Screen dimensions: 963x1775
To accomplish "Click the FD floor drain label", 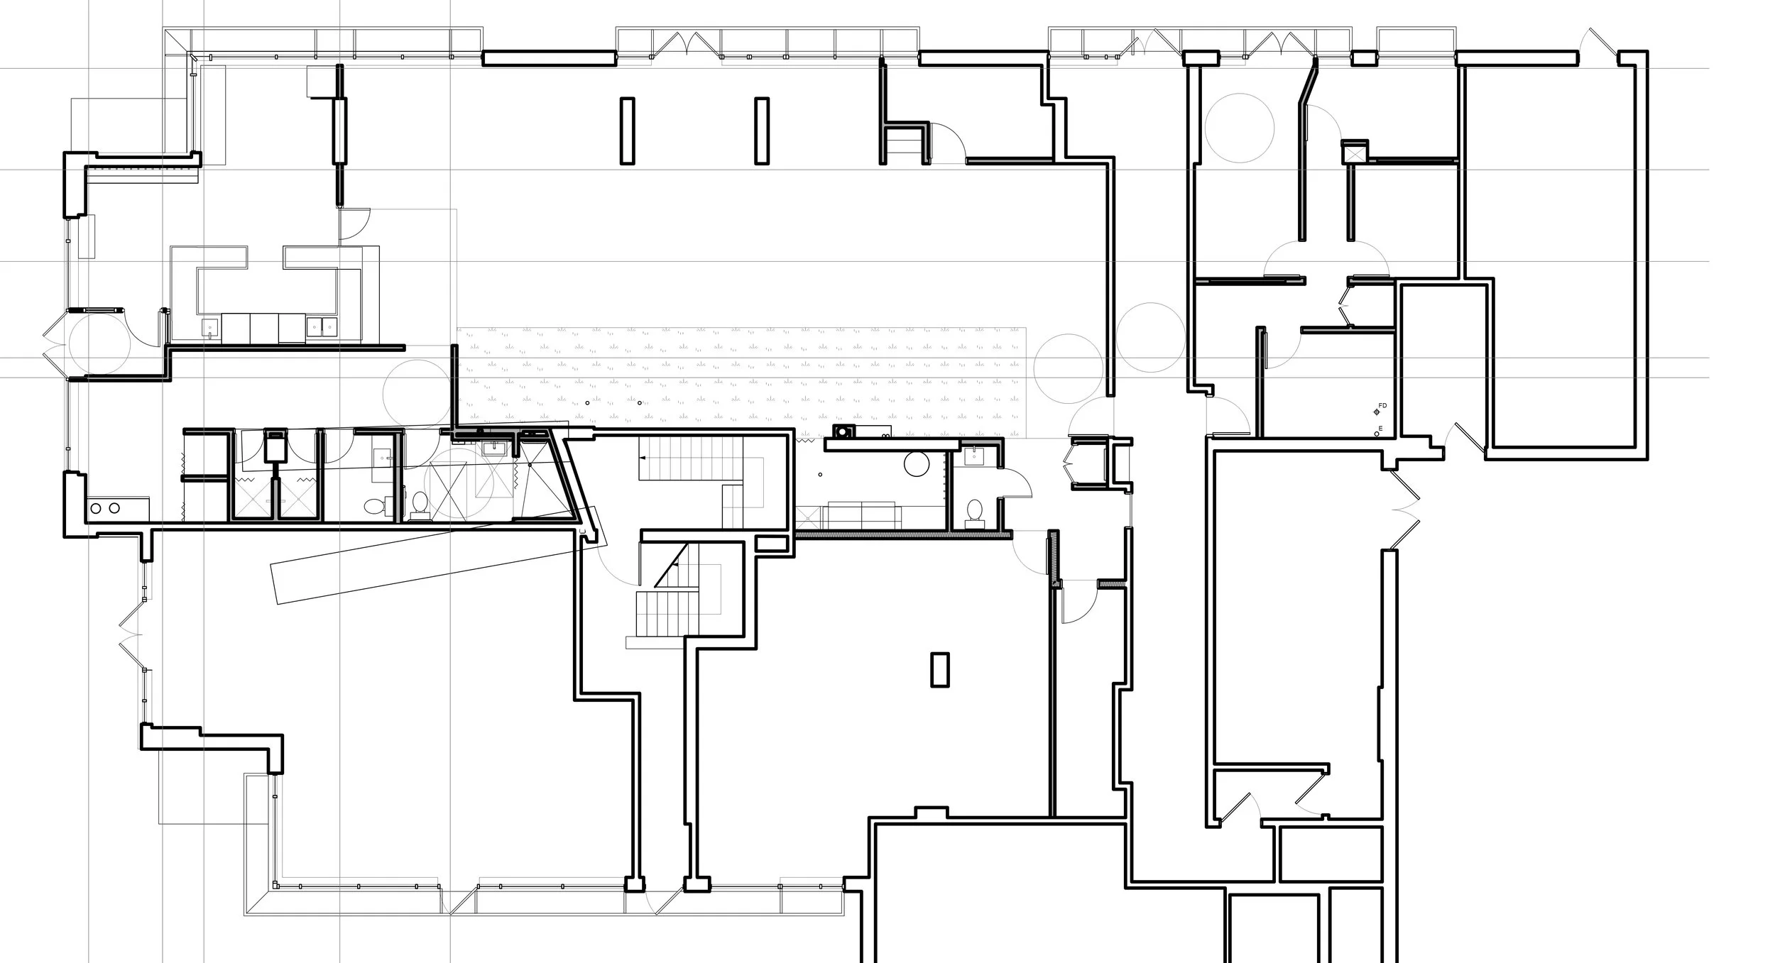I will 1382,406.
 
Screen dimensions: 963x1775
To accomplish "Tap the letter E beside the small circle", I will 1380,429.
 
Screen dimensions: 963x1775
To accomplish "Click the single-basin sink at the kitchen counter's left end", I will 210,327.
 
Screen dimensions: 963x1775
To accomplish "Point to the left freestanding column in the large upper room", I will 627,131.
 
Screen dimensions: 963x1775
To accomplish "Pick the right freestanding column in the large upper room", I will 762,131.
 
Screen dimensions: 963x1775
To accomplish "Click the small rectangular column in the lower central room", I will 939,670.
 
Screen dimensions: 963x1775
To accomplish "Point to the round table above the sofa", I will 917,464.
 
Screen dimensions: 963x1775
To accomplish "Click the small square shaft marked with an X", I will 1354,153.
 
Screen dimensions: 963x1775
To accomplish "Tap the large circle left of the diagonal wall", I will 1239,128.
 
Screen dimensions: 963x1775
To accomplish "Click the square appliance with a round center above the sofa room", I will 843,432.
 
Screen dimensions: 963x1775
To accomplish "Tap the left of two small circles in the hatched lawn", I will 588,403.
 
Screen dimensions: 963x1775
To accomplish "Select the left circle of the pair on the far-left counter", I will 96,508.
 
